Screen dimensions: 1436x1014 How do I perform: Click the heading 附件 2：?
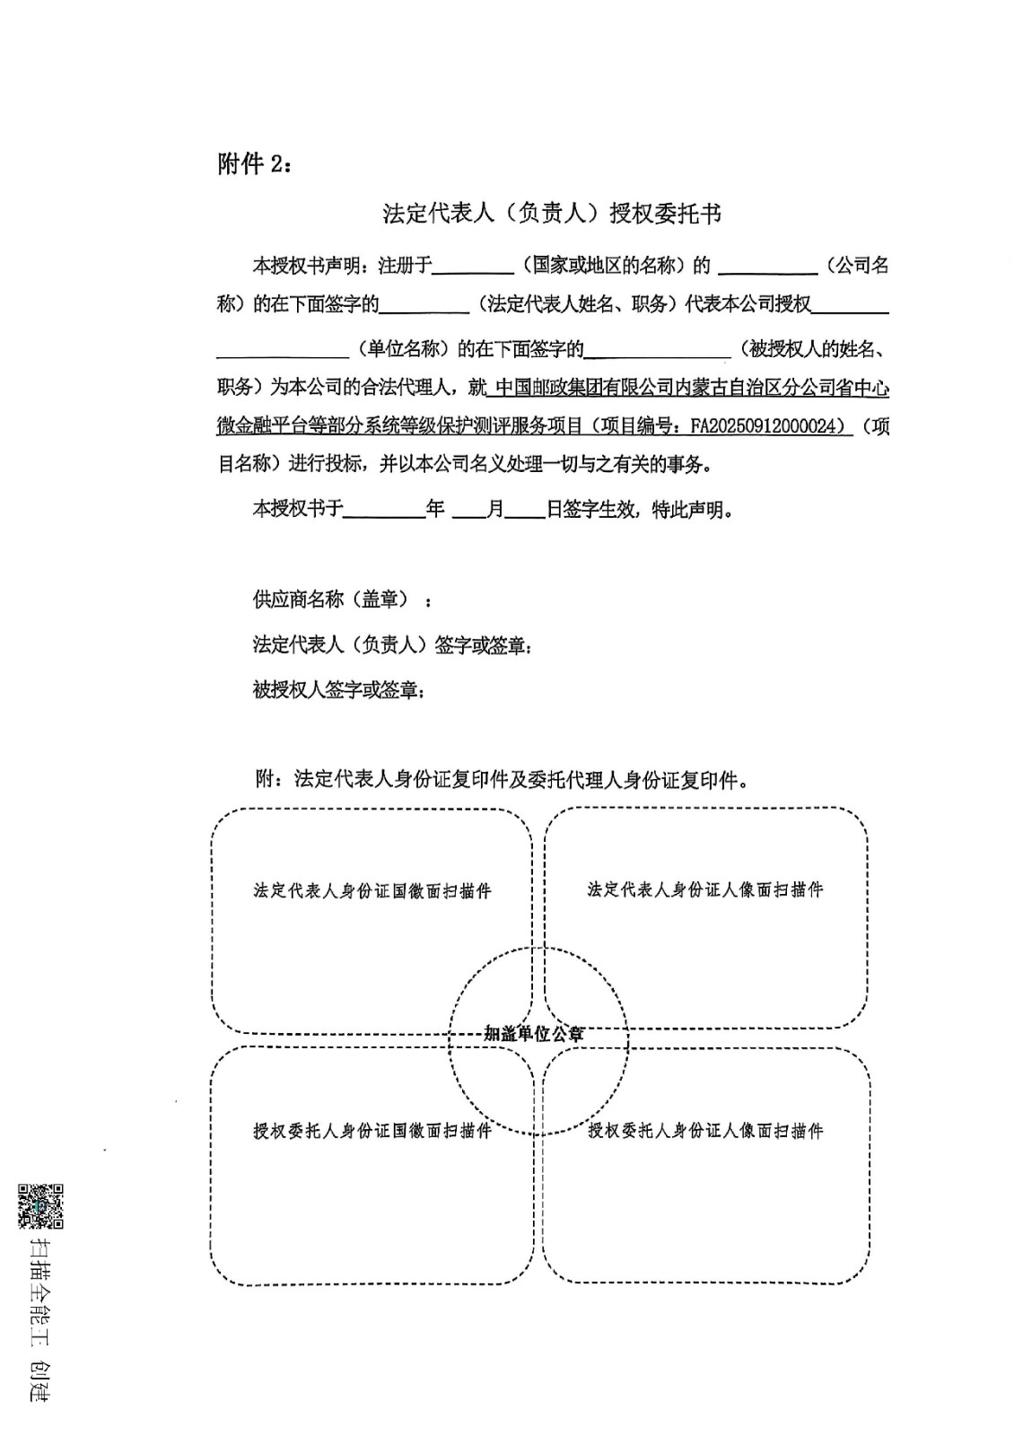click(254, 164)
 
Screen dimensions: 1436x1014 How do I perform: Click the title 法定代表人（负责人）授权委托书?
click(552, 214)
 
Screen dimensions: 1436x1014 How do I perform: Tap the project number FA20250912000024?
click(769, 426)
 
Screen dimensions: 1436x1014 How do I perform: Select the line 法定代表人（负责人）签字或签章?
click(392, 644)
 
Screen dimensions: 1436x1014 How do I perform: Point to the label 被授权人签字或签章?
click(338, 690)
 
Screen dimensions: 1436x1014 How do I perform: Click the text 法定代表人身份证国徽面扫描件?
click(372, 891)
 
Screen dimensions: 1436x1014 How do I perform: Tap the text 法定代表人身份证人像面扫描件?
click(705, 889)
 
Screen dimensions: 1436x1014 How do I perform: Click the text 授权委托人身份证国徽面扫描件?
click(372, 1131)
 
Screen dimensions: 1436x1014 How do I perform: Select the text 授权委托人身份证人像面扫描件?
click(705, 1131)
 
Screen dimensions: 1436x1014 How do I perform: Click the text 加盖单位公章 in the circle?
click(534, 1034)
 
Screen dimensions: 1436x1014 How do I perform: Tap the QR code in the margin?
click(41, 1206)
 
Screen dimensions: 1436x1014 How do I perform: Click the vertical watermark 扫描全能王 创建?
click(41, 1319)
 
